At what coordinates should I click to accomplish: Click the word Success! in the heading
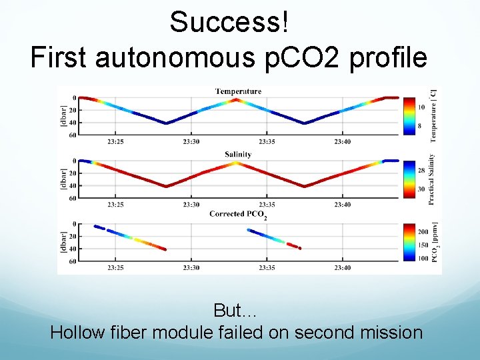229,21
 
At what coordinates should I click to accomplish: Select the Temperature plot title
238,91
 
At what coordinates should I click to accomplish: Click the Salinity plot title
238,154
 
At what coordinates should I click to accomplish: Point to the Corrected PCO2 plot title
238,214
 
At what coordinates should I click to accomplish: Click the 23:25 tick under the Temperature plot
115,141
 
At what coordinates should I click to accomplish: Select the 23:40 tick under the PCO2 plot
342,268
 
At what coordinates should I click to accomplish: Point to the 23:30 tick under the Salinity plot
191,205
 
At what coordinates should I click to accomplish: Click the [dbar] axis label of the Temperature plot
64,116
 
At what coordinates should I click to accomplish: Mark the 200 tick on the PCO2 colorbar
423,231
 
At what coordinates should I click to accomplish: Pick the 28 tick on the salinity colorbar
421,171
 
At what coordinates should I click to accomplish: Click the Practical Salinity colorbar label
432,179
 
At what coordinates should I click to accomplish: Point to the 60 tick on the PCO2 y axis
73,261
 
